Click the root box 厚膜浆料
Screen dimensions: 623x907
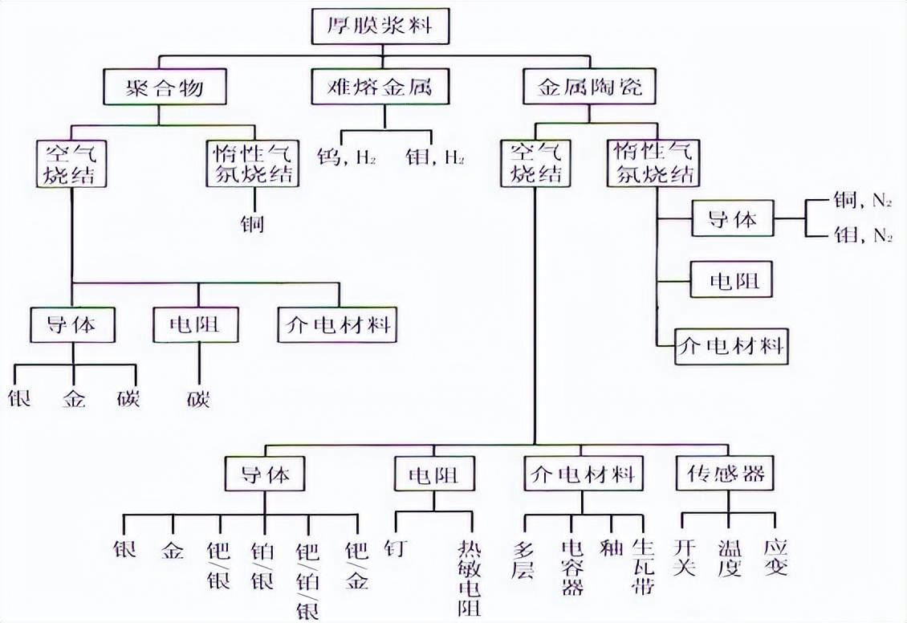point(380,26)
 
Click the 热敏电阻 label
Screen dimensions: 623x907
point(470,577)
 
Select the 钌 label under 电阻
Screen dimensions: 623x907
point(396,549)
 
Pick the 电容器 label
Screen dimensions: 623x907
point(572,567)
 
